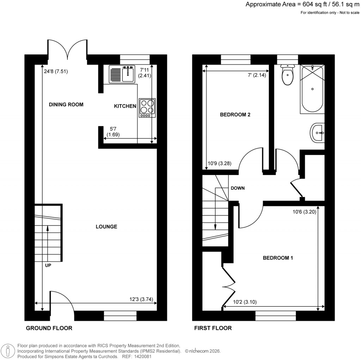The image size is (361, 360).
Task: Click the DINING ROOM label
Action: [66, 104]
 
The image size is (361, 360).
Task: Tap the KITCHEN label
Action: [125, 106]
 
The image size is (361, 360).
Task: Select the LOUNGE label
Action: [106, 227]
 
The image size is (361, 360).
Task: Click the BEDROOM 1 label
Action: [278, 258]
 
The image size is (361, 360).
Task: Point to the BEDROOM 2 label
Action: [235, 115]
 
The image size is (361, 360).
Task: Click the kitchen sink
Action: [122, 74]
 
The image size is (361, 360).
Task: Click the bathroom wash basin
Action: [318, 133]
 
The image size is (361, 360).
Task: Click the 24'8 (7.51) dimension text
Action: [56, 71]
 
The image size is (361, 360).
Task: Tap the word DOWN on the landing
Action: [238, 188]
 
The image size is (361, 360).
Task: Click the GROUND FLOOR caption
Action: [49, 328]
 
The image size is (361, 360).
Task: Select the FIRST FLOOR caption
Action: [213, 328]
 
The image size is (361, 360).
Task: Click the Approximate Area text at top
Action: [302, 5]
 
